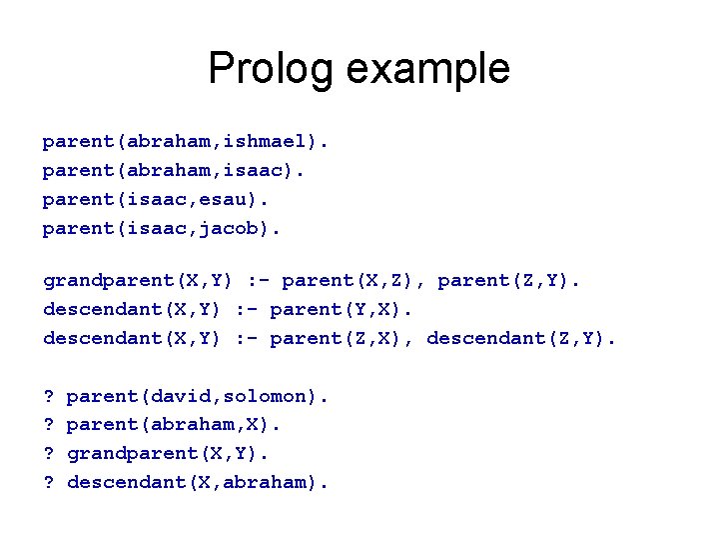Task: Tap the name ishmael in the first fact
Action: (270, 142)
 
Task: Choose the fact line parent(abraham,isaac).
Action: (174, 171)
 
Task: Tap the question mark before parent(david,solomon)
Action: (48, 396)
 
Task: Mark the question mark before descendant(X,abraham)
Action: (48, 483)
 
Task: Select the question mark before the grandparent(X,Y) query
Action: (48, 454)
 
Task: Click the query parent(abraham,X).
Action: (174, 425)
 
